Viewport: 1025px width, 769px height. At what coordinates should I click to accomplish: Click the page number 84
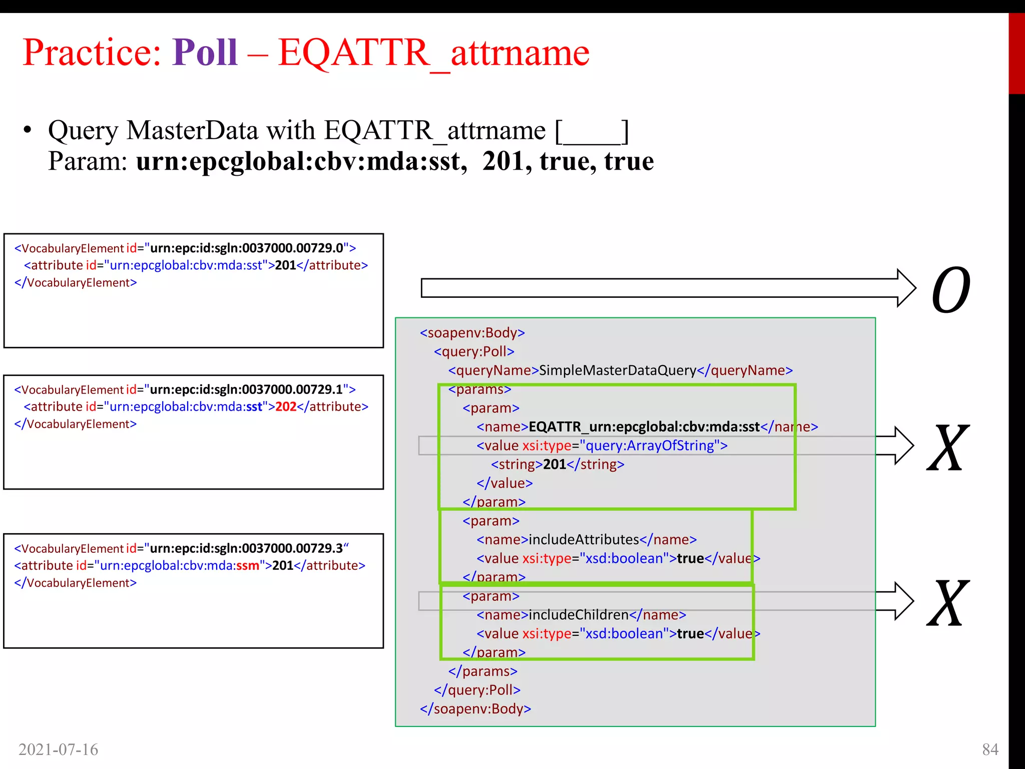[x=990, y=749]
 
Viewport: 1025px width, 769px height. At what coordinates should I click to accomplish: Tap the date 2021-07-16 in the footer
[x=58, y=749]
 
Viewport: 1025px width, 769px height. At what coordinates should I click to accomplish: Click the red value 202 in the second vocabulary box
[x=286, y=407]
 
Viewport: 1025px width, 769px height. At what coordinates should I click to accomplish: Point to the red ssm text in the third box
[x=248, y=566]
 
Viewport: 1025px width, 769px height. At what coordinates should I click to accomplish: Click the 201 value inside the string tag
[x=555, y=465]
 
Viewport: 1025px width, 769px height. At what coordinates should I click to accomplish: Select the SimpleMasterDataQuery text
[x=618, y=370]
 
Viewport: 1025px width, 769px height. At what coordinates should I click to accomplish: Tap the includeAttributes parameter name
[x=584, y=540]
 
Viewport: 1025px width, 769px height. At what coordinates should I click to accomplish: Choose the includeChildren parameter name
[x=579, y=615]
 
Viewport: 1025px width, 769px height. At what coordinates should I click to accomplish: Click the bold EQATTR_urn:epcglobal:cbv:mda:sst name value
[x=645, y=427]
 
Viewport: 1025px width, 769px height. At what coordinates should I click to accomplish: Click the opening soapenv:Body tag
[x=472, y=333]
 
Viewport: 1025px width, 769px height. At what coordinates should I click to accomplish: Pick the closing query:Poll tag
[x=477, y=690]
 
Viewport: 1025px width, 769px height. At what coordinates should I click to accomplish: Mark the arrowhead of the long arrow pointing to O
[x=906, y=288]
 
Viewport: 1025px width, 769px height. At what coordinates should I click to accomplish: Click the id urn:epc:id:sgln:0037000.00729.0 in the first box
[x=247, y=248]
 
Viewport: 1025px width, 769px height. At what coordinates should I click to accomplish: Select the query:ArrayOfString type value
[x=650, y=446]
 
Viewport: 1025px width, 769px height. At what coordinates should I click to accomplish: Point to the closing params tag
[x=483, y=671]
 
